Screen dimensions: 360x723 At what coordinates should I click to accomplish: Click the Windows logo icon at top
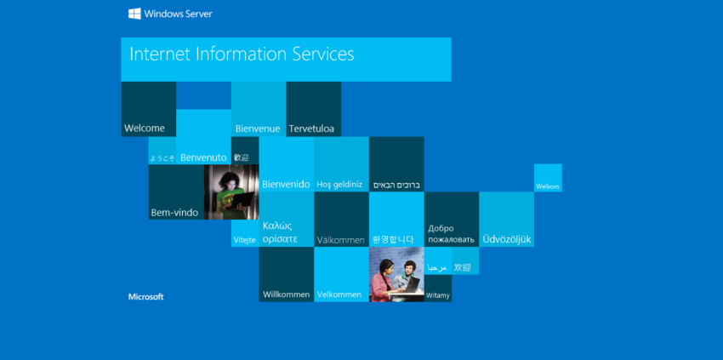point(134,14)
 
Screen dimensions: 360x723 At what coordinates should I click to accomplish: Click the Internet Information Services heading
point(242,54)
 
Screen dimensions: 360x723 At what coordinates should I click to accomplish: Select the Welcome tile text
point(145,129)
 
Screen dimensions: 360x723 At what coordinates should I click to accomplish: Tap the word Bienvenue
point(258,129)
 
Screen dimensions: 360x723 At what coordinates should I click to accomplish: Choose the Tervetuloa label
point(311,129)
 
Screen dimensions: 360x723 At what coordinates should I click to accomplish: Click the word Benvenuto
point(204,157)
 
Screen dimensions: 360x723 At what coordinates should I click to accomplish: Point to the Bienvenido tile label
point(286,184)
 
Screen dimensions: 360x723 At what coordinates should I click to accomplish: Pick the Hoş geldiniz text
point(339,184)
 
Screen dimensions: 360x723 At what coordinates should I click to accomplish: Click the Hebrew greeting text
point(396,184)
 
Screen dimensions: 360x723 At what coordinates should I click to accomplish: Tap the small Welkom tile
point(548,186)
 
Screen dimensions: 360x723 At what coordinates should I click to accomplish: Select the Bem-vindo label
point(174,212)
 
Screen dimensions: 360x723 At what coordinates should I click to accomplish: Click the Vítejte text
point(244,240)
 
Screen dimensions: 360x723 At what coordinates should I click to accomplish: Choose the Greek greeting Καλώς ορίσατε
point(280,232)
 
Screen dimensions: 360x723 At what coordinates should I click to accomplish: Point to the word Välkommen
point(340,240)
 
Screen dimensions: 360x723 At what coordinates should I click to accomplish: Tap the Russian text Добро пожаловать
point(450,233)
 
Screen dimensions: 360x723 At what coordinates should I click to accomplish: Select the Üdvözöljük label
point(507,239)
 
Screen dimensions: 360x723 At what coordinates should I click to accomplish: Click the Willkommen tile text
point(286,294)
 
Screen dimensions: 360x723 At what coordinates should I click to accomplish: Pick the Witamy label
point(437,295)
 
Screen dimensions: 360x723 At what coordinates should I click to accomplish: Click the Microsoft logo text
point(145,297)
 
